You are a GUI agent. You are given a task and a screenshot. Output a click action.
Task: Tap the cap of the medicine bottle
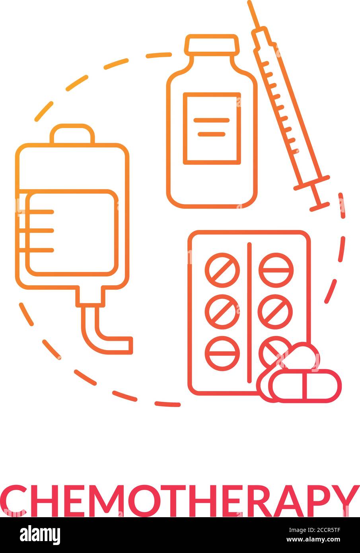(x=212, y=45)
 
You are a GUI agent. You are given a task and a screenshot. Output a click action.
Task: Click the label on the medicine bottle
(x=212, y=128)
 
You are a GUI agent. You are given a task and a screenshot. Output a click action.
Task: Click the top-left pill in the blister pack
(x=222, y=270)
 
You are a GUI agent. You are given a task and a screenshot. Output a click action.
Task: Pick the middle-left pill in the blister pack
(x=222, y=312)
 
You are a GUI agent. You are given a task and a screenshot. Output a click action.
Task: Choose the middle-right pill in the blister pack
(x=275, y=312)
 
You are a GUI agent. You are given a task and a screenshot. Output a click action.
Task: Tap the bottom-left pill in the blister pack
(x=222, y=353)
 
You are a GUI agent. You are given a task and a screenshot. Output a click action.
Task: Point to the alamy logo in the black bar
(x=40, y=535)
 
